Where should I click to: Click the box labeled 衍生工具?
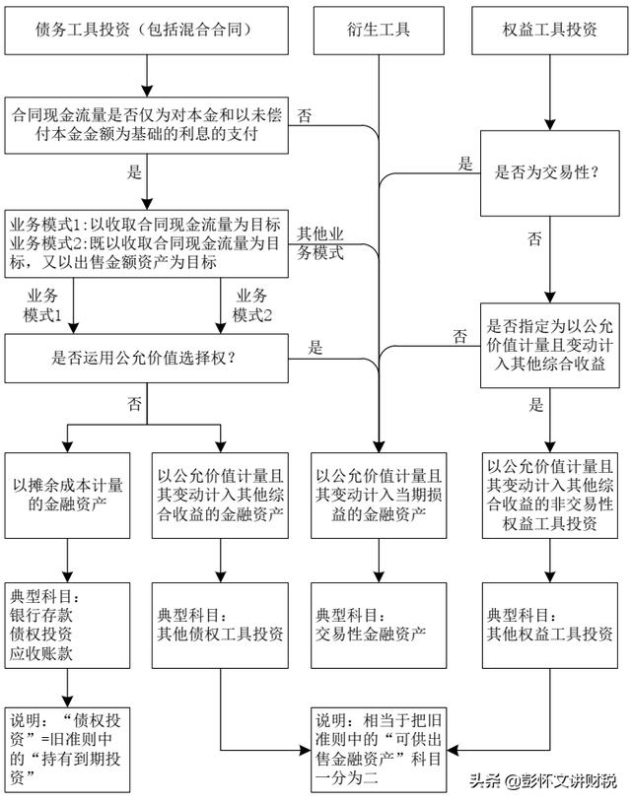point(379,31)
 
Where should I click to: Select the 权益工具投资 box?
point(549,31)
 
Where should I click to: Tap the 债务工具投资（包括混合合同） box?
point(147,31)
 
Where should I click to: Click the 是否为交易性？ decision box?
point(549,173)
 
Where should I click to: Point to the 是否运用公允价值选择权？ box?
point(147,358)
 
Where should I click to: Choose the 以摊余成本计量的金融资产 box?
point(68,496)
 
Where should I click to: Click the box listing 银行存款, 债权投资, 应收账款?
point(68,626)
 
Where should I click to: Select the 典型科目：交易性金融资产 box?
point(379,626)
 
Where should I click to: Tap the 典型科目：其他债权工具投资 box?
point(221,626)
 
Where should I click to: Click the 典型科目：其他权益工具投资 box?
point(549,626)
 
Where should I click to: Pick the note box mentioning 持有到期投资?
point(68,750)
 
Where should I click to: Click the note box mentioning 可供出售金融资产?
point(379,750)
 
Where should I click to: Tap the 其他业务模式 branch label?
point(320,243)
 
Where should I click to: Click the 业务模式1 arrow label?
point(42,305)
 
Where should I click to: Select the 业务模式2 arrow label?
point(251,305)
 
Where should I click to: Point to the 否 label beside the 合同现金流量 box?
point(305,115)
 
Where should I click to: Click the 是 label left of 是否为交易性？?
point(465,164)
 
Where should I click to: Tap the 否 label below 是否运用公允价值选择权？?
point(134,404)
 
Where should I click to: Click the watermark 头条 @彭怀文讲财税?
point(544,781)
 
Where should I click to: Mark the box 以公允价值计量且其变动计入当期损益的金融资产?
point(379,496)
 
